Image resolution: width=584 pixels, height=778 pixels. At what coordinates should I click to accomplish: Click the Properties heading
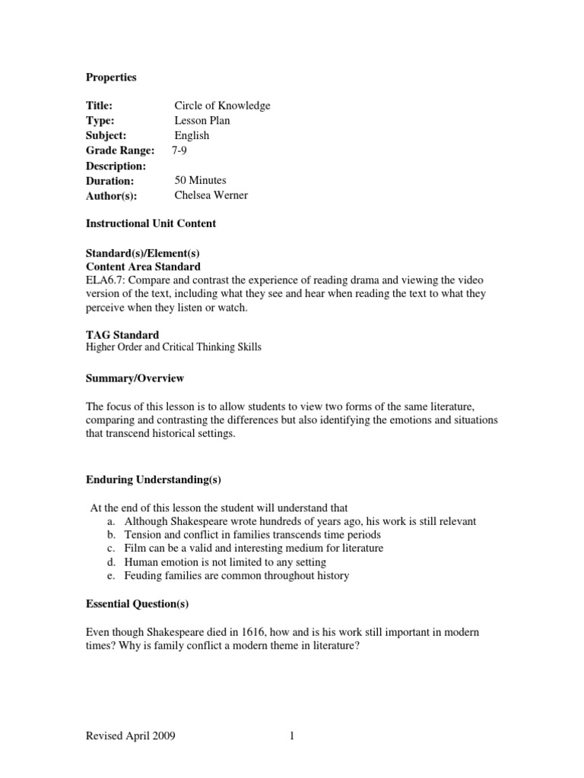click(110, 77)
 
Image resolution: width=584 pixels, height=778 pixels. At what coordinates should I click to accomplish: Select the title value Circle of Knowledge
click(222, 106)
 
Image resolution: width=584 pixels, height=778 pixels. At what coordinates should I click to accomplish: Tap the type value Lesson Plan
click(202, 121)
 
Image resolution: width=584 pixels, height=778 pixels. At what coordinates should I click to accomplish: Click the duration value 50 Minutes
click(200, 181)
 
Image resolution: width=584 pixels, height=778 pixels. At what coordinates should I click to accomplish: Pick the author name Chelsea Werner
click(211, 195)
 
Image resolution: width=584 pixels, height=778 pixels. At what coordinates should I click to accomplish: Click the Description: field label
click(115, 166)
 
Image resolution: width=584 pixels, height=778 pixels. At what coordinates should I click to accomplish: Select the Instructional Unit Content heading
click(150, 223)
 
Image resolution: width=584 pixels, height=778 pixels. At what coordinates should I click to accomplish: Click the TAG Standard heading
click(122, 334)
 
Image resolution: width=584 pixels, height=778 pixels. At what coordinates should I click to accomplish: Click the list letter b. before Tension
click(111, 535)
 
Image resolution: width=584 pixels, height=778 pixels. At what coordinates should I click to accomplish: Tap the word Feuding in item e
click(144, 576)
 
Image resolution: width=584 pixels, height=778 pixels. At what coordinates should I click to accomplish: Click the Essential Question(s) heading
click(137, 605)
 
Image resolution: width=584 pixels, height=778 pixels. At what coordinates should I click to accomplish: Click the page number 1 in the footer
click(291, 735)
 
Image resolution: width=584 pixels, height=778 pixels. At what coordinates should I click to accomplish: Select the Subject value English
click(192, 136)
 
